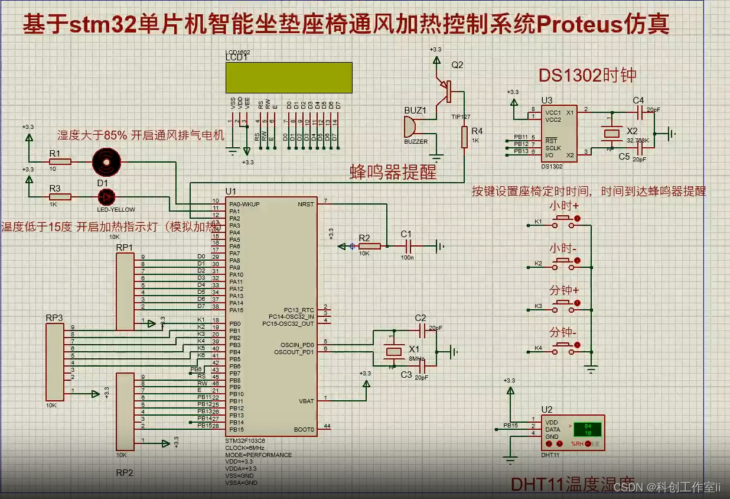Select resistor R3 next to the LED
pos(60,196)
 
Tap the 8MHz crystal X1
pos(392,351)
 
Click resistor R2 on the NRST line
pos(369,245)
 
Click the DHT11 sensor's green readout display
pos(587,429)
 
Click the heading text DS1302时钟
pos(587,75)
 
